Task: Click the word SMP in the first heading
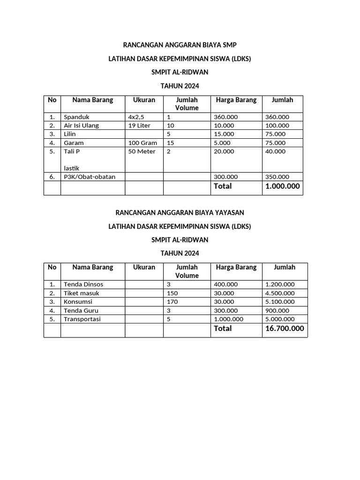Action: [230, 45]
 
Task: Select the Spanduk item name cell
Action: [76, 117]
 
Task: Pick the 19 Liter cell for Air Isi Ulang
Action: [139, 126]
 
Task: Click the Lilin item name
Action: [70, 134]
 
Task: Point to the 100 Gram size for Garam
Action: [142, 142]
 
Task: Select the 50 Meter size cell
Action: [142, 151]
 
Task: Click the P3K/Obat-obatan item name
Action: [90, 177]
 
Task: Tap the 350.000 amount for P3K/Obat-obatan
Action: [277, 177]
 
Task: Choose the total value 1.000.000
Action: [282, 186]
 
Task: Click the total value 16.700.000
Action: [284, 329]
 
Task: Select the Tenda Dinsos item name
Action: [83, 285]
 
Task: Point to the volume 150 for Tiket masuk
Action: [172, 293]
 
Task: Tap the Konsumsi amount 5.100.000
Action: [280, 302]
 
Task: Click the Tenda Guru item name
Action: [81, 310]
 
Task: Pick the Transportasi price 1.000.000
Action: [229, 319]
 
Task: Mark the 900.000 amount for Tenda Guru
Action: [277, 310]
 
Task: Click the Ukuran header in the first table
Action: [144, 100]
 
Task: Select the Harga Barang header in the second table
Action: [236, 267]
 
